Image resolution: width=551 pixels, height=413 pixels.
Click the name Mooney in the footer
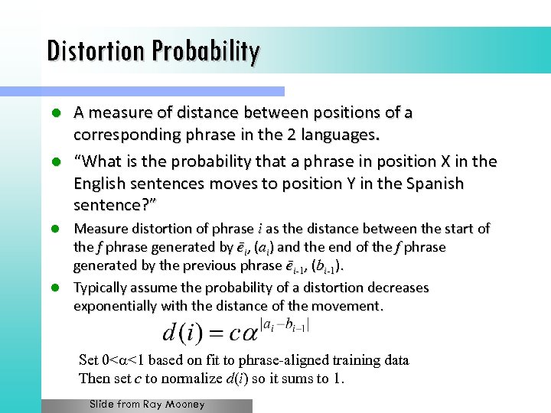coord(184,404)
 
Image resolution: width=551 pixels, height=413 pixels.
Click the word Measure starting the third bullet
coord(99,229)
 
